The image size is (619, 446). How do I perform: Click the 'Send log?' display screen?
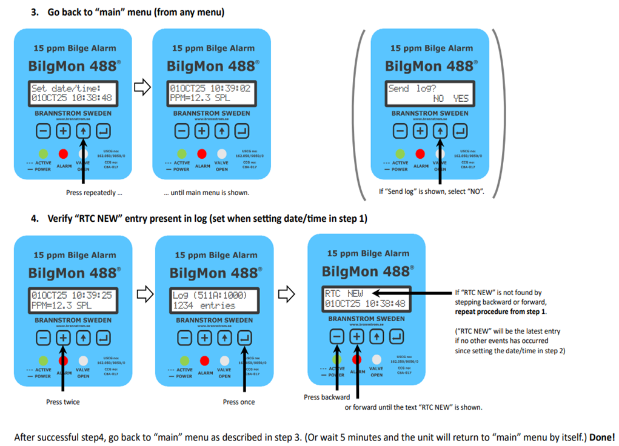(x=429, y=93)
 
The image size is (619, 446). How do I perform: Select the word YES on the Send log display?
(x=461, y=98)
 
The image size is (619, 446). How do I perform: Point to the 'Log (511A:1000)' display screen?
(x=214, y=300)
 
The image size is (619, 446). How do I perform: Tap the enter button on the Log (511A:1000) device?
(x=244, y=338)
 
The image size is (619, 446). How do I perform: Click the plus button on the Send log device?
(x=420, y=130)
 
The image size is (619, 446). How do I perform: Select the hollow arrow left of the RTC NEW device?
(x=286, y=295)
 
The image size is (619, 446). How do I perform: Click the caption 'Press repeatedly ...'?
(x=94, y=193)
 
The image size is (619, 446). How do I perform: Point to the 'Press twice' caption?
(x=63, y=402)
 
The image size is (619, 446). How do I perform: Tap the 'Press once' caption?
(x=239, y=402)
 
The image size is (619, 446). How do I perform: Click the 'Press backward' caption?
(x=327, y=397)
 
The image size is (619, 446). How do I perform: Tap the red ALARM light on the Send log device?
(x=420, y=154)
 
